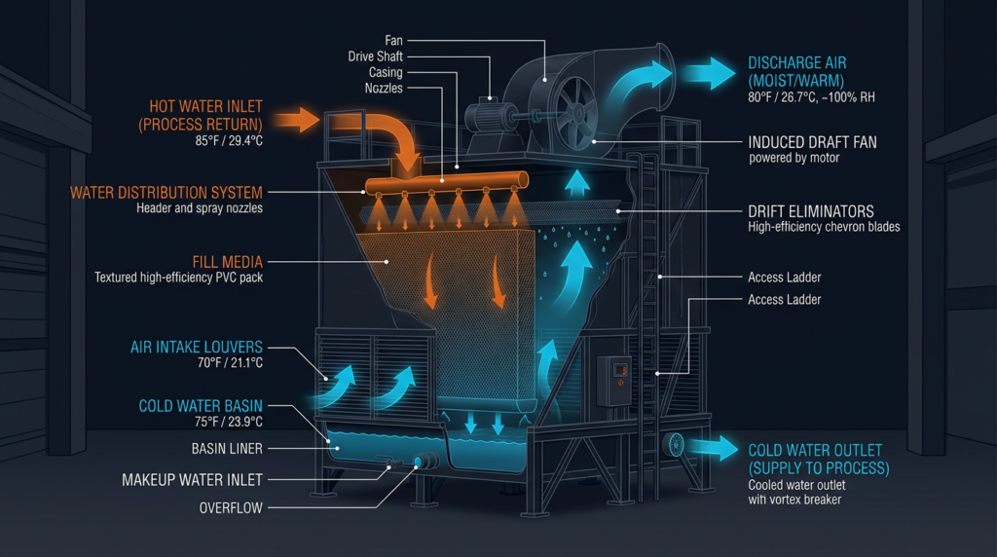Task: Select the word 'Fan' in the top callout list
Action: coord(392,40)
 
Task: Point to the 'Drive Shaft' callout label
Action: coord(376,56)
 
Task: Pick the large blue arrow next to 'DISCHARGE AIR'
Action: coord(707,73)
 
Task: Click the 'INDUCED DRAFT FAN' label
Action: coord(812,142)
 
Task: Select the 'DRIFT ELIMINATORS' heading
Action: coord(811,211)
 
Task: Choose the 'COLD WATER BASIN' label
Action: coord(201,406)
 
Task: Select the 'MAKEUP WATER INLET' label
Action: coord(192,480)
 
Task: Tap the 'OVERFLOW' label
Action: coord(229,508)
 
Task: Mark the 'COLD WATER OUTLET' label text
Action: coord(814,450)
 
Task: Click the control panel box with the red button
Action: coord(612,380)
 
